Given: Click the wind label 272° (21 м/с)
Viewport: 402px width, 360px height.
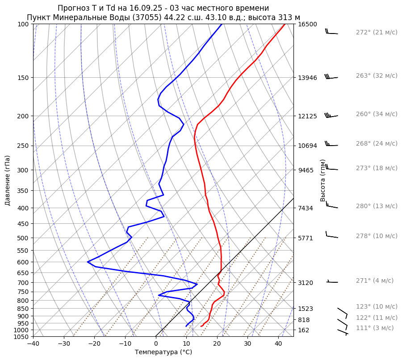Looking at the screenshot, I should pyautogui.click(x=376, y=33).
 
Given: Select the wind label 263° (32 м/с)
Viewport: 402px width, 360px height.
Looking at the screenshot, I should pyautogui.click(x=376, y=76).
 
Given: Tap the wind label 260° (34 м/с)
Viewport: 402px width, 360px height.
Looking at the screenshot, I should pyautogui.click(x=376, y=114).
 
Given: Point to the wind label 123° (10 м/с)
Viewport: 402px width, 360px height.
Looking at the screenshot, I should pyautogui.click(x=376, y=307).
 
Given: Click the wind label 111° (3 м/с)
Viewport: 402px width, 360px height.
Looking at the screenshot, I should pyautogui.click(x=374, y=328).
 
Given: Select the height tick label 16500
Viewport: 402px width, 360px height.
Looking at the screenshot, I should pyautogui.click(x=307, y=24).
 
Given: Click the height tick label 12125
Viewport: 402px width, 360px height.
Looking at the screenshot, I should pyautogui.click(x=307, y=116).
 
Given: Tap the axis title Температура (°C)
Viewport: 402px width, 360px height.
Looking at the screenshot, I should pyautogui.click(x=163, y=352).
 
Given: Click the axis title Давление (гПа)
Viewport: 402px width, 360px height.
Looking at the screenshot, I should pyautogui.click(x=8, y=180).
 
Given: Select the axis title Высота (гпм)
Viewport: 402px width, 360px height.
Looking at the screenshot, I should pyautogui.click(x=323, y=180).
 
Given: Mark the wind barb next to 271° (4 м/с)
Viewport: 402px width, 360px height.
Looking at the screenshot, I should pyautogui.click(x=332, y=281).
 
